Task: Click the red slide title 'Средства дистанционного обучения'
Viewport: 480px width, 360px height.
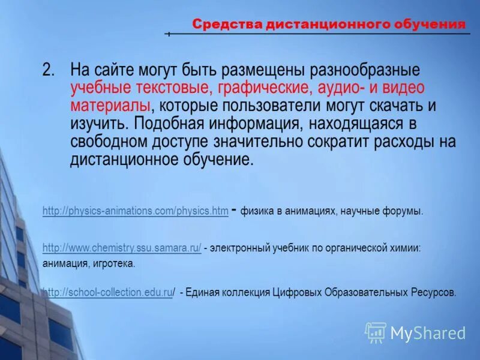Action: coord(328,25)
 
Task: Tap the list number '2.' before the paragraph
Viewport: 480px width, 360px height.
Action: coord(49,70)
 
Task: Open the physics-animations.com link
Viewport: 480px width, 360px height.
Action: coord(135,211)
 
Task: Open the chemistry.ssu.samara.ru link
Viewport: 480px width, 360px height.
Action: coord(122,247)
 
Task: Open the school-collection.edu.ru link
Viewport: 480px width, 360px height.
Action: coord(108,293)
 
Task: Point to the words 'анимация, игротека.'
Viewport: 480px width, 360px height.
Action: coord(89,263)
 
